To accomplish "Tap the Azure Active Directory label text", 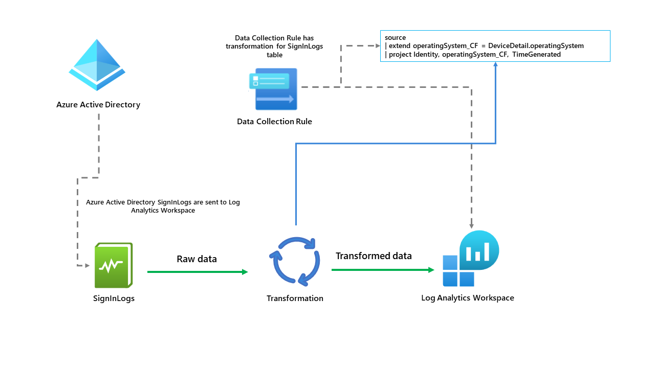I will click(98, 105).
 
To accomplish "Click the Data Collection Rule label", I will click(274, 122).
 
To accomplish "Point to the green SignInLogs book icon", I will click(114, 265).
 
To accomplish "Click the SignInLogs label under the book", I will click(114, 298).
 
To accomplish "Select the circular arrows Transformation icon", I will click(295, 261).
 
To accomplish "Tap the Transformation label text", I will click(295, 298).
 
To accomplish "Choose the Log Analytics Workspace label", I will click(467, 298).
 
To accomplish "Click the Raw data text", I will click(196, 259).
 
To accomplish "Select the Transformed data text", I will click(374, 256).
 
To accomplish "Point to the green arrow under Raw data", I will click(197, 272).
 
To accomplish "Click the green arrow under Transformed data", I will click(383, 269).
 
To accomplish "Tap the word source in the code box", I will click(396, 38).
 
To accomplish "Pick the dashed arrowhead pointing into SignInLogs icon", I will click(88, 266).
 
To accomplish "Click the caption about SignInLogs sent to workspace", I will click(163, 206).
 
